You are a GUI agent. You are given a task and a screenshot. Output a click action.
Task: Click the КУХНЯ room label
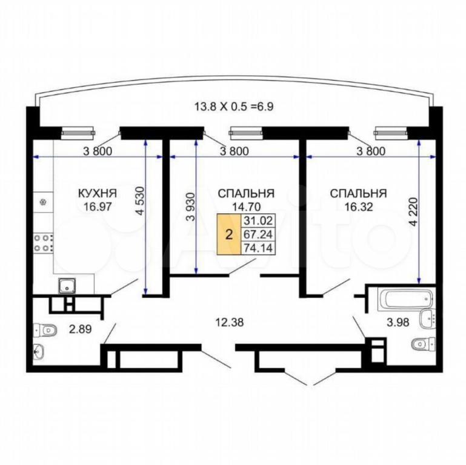point(97,193)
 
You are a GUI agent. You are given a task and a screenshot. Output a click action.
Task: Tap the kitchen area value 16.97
point(98,206)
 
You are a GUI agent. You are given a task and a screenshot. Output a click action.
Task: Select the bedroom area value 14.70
point(247,206)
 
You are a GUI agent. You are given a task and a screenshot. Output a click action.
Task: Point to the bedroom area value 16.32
point(358,206)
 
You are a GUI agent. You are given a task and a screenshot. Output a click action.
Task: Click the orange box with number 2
point(229,234)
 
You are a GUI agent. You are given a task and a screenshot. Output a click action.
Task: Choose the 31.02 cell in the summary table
point(258,220)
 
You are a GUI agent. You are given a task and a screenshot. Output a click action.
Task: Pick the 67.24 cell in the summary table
point(258,234)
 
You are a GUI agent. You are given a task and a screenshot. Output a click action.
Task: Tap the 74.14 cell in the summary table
point(258,248)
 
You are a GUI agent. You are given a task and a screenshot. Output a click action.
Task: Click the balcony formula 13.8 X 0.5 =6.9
point(233,107)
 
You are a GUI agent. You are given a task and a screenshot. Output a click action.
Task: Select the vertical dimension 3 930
point(190,206)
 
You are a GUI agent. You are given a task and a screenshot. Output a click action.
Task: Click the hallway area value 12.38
point(229,322)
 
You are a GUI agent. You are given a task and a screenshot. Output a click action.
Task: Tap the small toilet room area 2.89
point(80,329)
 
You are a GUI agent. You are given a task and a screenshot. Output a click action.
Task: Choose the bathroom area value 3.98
point(398,322)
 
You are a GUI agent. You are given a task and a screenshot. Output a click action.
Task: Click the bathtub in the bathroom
point(407,299)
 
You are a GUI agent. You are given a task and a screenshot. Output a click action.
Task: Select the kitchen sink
point(67,286)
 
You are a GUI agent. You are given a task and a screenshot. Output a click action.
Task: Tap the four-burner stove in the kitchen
point(44,243)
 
